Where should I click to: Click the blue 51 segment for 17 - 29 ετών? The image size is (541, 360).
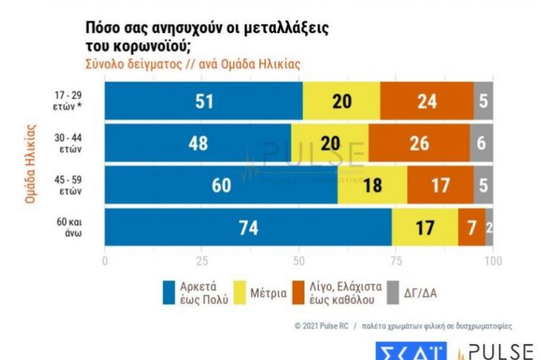[x=204, y=101]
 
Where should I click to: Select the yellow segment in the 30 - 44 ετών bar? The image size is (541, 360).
[x=330, y=143]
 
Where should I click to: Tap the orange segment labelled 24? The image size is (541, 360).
[x=427, y=101]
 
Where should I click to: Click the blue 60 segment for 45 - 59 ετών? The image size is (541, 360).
[x=221, y=185]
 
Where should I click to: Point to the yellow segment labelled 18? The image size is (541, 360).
[x=372, y=185]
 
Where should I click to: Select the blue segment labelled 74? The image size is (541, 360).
[x=248, y=227]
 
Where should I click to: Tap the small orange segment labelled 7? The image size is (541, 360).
[x=471, y=227]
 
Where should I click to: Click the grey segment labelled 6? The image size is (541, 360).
[x=482, y=143]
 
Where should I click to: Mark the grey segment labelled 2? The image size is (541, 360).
[x=490, y=227]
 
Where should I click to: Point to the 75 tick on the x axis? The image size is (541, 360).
[x=396, y=260]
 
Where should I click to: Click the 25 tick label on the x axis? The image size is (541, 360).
[x=203, y=260]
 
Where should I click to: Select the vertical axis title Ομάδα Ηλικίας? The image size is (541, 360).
[x=30, y=163]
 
